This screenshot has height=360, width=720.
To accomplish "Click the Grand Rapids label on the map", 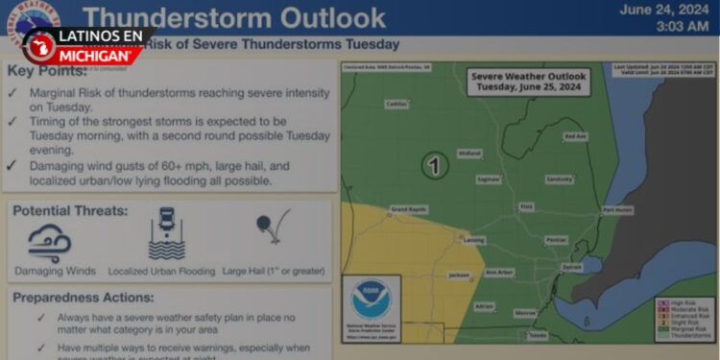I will pyautogui.click(x=407, y=208).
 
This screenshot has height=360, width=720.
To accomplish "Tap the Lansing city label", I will pyautogui.click(x=474, y=239).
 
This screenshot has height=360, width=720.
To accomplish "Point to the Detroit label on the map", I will pyautogui.click(x=572, y=266).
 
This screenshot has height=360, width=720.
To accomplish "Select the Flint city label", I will pyautogui.click(x=525, y=205).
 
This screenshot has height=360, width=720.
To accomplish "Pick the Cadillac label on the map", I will pyautogui.click(x=396, y=104).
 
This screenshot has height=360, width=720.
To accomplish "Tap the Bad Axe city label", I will pyautogui.click(x=574, y=136).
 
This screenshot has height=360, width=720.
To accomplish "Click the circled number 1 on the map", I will pyautogui.click(x=435, y=165).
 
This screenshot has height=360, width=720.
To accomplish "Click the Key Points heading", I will pyautogui.click(x=49, y=71).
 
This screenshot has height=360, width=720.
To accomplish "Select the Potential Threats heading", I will pyautogui.click(x=70, y=209).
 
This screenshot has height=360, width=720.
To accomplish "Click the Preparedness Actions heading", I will pyautogui.click(x=83, y=298).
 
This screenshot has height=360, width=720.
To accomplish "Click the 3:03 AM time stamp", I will pyautogui.click(x=682, y=27).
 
